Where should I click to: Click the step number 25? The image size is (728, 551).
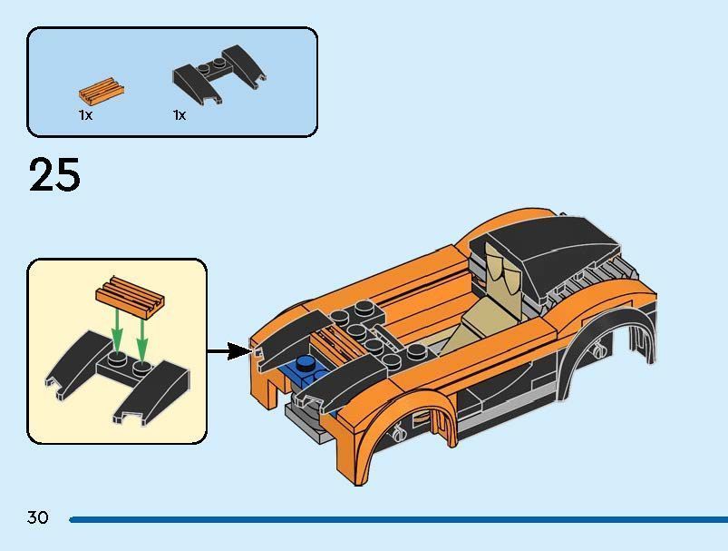(x=54, y=174)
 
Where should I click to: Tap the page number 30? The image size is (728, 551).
(x=37, y=517)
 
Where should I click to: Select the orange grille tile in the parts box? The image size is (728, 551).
(x=102, y=90)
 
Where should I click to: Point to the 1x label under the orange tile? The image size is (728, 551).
(x=85, y=115)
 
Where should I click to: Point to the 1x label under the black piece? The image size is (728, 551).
(x=180, y=115)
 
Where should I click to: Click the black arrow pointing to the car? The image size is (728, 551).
(x=228, y=350)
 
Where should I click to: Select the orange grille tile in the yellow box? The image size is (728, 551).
(x=131, y=298)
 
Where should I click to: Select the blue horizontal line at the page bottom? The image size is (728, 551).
(x=398, y=519)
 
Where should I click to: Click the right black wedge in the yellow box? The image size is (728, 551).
(x=153, y=393)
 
